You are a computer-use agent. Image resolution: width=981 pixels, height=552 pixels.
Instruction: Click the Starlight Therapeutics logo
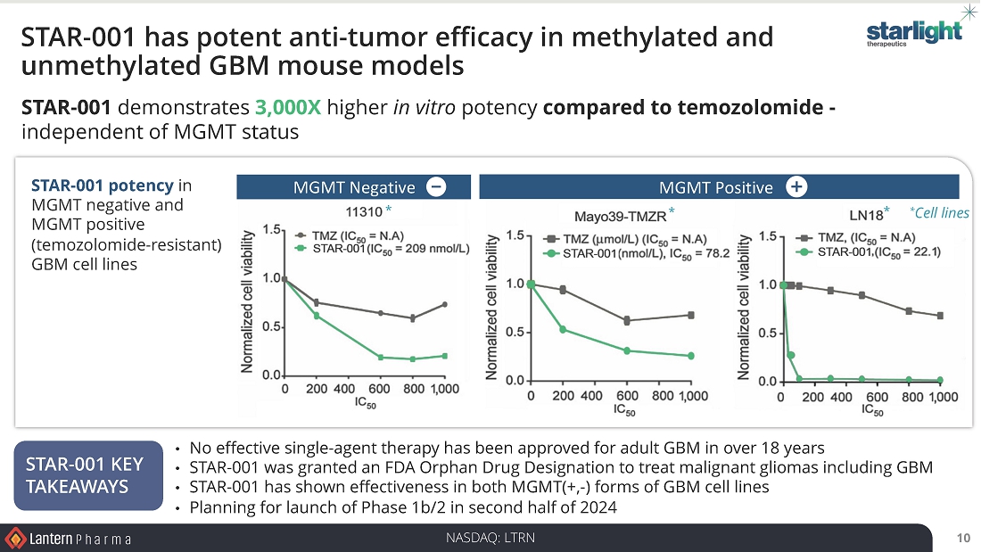point(914,34)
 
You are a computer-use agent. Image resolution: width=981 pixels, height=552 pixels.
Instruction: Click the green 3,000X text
point(288,109)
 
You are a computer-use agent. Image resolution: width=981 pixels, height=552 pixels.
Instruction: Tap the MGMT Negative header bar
point(354,187)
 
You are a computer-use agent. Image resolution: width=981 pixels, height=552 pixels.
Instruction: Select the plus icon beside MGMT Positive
point(796,186)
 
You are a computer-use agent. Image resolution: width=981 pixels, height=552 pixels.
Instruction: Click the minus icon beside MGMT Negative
point(436,186)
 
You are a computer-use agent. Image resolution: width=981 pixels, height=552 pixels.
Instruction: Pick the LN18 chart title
point(865,214)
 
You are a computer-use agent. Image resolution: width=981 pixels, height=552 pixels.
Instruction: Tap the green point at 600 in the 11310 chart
point(381,357)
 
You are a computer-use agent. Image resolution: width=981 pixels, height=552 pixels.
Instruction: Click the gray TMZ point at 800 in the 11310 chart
point(412,318)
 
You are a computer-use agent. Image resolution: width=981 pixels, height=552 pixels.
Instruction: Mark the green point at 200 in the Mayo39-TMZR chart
point(563,329)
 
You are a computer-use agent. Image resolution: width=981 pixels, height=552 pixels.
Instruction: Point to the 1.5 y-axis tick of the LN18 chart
point(766,236)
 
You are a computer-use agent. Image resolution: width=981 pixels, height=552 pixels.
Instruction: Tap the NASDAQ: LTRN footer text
point(490,538)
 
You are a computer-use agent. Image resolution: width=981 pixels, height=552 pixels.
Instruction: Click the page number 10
point(962,538)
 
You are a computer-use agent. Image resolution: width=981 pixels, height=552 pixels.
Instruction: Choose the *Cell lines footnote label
point(939,212)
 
